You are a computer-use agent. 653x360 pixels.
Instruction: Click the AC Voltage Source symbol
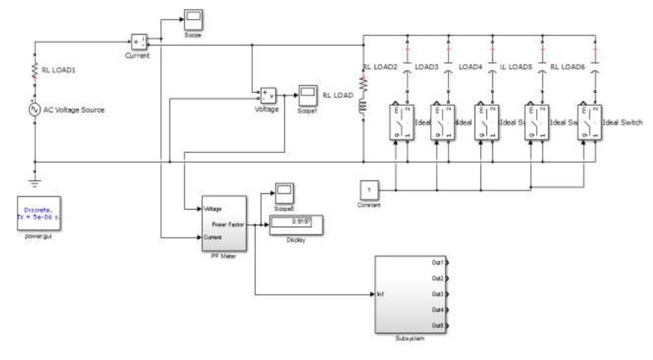pyautogui.click(x=34, y=109)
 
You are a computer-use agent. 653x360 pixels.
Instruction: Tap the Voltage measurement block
pyautogui.click(x=268, y=96)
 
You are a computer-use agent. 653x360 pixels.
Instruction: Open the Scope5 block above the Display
pyautogui.click(x=283, y=191)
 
